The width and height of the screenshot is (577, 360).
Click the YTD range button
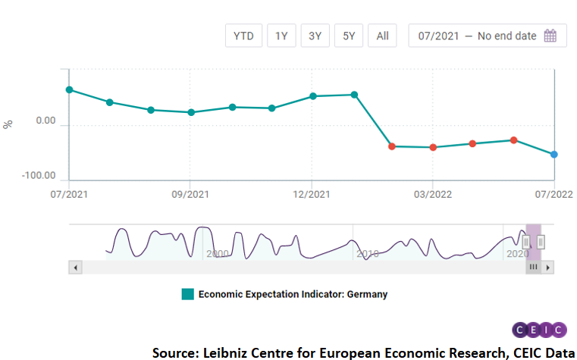click(x=244, y=36)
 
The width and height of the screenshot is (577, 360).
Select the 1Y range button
click(x=281, y=36)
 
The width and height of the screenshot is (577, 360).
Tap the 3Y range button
click(x=315, y=36)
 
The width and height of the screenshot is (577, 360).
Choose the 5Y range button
click(x=349, y=36)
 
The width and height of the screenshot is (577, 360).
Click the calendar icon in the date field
click(x=550, y=36)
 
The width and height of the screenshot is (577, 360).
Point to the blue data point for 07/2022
click(x=554, y=155)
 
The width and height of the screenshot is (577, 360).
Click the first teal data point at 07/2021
click(x=69, y=89)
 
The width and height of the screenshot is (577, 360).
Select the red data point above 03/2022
click(x=433, y=147)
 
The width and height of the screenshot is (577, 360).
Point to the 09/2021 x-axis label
click(x=190, y=194)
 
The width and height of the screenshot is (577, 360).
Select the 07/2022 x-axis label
click(x=554, y=194)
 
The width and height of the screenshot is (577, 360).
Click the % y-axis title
click(x=9, y=124)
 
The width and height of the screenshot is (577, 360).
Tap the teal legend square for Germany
click(x=187, y=294)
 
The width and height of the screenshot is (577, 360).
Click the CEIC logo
click(x=539, y=330)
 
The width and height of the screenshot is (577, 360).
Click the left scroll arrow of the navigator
click(x=75, y=267)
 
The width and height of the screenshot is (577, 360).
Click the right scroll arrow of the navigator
click(x=548, y=267)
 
